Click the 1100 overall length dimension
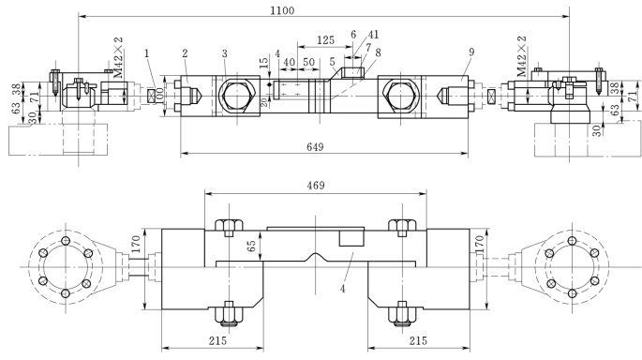click(282, 10)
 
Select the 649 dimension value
click(315, 146)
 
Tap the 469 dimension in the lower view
click(316, 186)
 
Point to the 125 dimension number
click(325, 40)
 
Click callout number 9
click(471, 52)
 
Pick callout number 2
click(185, 53)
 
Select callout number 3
click(224, 53)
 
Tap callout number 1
click(146, 53)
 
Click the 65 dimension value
click(252, 246)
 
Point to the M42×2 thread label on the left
click(118, 57)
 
